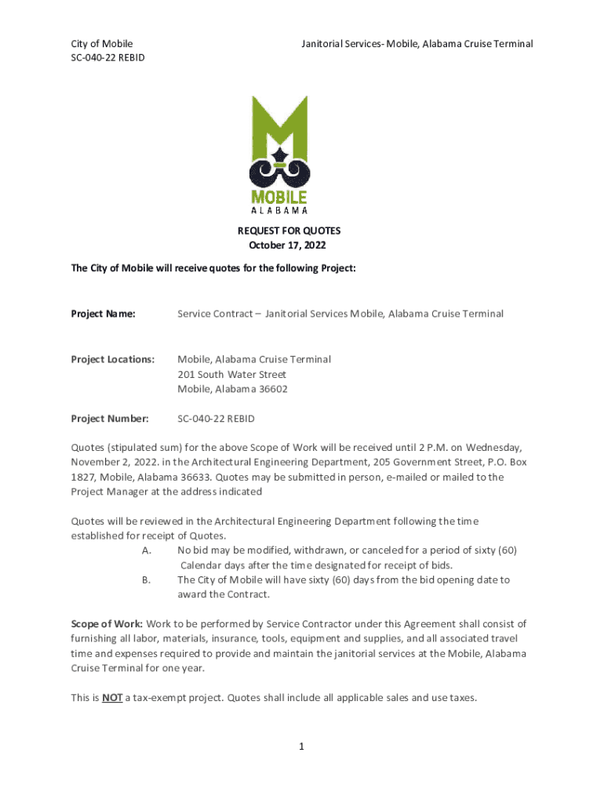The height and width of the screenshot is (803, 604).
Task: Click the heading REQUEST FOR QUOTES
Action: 289,231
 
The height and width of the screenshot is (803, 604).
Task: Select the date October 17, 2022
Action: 289,245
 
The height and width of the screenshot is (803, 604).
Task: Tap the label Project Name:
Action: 103,314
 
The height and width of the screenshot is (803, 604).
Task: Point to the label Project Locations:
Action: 113,359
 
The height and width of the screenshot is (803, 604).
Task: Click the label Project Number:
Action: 110,419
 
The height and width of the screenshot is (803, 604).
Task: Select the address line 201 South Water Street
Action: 231,374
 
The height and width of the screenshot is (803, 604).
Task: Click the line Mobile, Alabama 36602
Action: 232,389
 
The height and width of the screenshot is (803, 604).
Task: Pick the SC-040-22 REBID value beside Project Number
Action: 216,419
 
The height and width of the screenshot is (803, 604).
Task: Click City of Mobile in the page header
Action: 102,44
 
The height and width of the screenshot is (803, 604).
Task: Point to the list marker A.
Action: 147,550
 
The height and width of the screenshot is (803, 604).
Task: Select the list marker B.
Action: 147,580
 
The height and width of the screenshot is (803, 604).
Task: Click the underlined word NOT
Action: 111,697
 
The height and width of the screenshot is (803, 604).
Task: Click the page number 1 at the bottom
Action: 301,747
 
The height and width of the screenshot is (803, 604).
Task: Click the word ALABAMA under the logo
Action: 278,209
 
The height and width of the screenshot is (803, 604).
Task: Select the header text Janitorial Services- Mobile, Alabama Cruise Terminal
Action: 417,44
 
